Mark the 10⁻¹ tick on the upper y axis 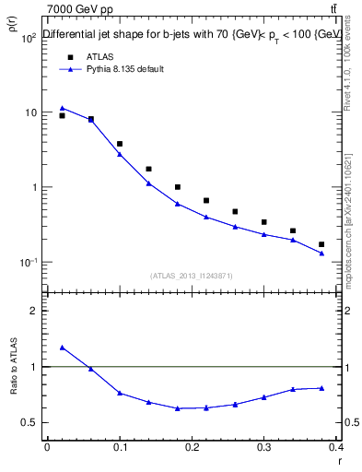click(x=29, y=263)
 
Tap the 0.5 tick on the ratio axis click(x=31, y=423)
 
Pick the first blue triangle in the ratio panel click(x=62, y=348)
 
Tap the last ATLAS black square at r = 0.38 click(x=321, y=244)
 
